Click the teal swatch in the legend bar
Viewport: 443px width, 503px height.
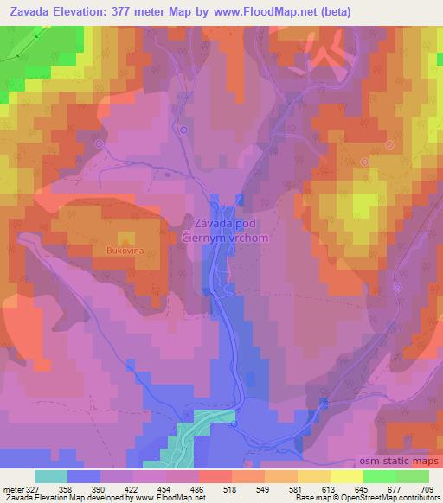[51, 475]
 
